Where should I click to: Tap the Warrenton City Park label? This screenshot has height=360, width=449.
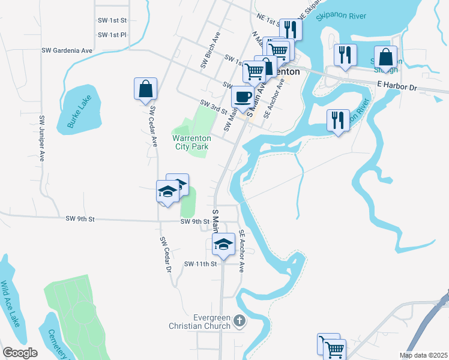191,141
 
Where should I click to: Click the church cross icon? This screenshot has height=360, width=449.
240,321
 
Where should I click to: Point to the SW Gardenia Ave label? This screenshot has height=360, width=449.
67,50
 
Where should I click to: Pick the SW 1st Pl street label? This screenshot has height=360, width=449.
112,35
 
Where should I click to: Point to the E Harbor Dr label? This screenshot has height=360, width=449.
397,87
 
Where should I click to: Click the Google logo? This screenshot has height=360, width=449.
20,353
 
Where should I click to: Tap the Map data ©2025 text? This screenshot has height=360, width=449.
423,355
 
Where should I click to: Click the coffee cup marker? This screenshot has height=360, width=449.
243,97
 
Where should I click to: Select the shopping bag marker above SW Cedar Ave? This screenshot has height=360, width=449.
145,89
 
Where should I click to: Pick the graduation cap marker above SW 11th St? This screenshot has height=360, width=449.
224,244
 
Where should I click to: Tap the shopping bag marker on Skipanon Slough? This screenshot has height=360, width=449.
385,58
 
